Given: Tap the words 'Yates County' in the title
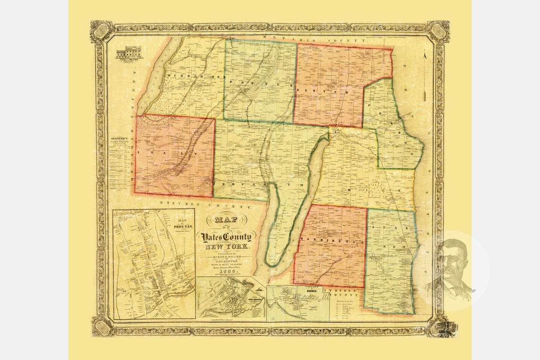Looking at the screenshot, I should (228, 236).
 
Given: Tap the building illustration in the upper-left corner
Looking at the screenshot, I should (128, 52).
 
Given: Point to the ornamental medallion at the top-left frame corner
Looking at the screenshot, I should (100, 30).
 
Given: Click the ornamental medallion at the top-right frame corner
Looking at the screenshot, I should (439, 30).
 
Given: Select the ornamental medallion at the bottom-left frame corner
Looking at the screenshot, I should (101, 326).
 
